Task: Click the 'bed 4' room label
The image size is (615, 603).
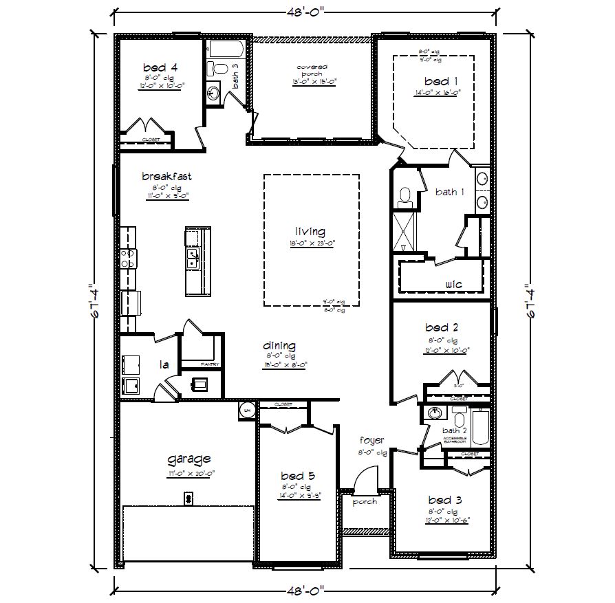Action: [x=160, y=67]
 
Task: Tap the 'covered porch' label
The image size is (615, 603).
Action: [x=312, y=70]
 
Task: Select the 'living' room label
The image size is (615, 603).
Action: [x=310, y=232]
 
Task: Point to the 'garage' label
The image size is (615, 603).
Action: [x=188, y=459]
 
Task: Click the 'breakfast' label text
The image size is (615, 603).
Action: [x=166, y=176]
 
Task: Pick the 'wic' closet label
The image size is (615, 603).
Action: [x=453, y=283]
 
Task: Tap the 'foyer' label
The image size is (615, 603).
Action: [x=371, y=440]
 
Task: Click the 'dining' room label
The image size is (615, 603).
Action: [x=279, y=346]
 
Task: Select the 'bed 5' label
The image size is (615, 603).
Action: [x=298, y=476]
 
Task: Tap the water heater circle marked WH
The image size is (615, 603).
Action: [x=247, y=410]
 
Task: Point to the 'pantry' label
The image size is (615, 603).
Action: [x=209, y=364]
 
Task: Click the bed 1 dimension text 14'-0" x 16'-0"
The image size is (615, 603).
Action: [x=437, y=91]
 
